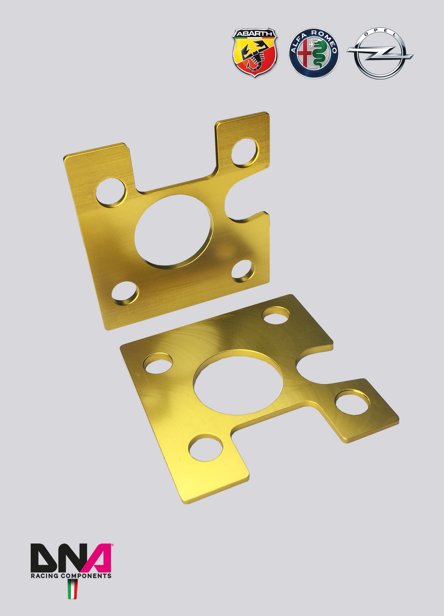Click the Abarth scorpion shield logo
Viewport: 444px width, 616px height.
point(255,53)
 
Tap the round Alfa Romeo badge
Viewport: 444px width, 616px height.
point(314,53)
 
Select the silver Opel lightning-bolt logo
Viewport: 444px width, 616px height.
point(380,53)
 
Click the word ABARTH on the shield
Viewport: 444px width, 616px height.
point(255,34)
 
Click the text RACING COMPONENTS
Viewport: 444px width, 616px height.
point(71,576)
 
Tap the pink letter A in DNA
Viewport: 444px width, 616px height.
point(98,558)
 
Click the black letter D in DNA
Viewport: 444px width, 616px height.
point(43,558)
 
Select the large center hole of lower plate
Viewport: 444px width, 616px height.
point(238,382)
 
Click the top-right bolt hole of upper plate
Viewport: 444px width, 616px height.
point(245,152)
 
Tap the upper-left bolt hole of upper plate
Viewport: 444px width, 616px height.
point(110,192)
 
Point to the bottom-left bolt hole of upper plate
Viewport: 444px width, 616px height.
point(125,293)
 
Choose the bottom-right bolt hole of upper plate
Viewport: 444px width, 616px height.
point(243,271)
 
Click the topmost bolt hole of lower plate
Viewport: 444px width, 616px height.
point(276,316)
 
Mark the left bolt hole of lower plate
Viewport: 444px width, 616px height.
point(158,363)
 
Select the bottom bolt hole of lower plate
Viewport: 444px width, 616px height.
point(206,448)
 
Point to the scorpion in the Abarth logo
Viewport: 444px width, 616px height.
point(255,55)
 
